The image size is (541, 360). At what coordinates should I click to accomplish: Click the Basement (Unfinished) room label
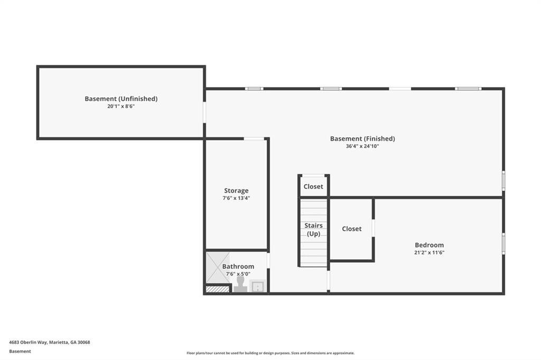pos(121,99)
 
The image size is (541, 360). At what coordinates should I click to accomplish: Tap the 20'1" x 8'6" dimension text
pos(121,106)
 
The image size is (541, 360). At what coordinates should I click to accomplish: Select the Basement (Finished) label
pos(362,139)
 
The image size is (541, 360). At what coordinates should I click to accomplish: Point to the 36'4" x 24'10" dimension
pos(362,146)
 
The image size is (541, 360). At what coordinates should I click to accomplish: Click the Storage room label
pos(236,191)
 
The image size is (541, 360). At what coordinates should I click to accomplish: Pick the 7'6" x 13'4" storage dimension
pos(236,198)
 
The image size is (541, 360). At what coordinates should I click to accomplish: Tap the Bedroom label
pos(429,245)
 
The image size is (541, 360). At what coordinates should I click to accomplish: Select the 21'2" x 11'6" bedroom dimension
pos(429,252)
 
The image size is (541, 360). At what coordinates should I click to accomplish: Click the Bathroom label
pos(238,267)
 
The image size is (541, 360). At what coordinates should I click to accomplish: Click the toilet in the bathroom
pos(240,285)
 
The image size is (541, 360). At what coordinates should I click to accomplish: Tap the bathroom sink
pos(257,286)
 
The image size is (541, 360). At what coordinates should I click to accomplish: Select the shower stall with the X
pos(217,267)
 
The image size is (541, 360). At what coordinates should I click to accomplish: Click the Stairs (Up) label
pos(313,230)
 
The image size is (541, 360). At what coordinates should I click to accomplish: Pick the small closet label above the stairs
pos(313,186)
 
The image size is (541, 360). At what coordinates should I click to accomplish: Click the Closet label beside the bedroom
pos(351,229)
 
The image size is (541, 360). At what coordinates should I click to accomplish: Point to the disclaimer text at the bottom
pos(270,353)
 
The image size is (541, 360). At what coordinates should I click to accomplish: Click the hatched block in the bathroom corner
pos(217,289)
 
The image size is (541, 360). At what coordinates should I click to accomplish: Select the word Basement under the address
pos(20,351)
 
